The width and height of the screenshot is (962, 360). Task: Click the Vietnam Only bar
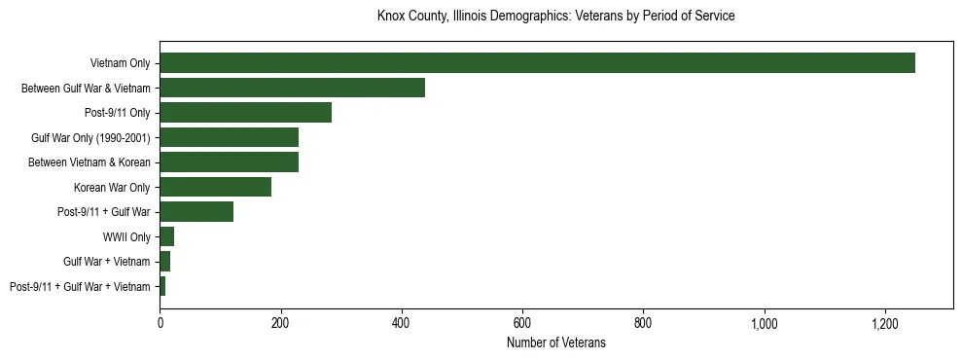pos(537,63)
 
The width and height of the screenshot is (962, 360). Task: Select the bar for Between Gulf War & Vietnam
pos(292,88)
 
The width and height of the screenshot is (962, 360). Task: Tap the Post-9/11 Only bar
pos(245,113)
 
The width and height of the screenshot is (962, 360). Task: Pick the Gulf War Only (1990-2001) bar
pos(229,137)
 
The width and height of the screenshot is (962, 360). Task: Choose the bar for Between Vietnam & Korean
pos(229,162)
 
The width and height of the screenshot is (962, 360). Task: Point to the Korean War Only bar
pos(215,187)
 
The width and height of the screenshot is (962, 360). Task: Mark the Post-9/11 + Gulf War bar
pos(196,212)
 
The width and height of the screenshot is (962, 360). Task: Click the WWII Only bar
pos(166,236)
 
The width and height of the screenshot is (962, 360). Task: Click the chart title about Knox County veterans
pos(555,17)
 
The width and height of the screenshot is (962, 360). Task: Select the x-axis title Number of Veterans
pos(555,342)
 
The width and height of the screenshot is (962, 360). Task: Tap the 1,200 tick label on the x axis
pos(884,322)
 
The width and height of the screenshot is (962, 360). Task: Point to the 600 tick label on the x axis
pos(522,322)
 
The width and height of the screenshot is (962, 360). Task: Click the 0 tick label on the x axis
pos(160,322)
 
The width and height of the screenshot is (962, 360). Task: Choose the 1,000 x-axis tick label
pos(764,322)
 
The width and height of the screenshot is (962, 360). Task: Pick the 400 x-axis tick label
pos(402,322)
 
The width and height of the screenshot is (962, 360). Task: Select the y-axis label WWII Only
pos(126,237)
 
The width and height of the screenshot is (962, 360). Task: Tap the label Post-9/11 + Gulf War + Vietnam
pos(80,287)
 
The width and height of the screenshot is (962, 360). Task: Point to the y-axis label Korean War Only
pos(112,188)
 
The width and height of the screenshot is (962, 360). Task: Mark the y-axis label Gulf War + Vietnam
pos(107,262)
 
